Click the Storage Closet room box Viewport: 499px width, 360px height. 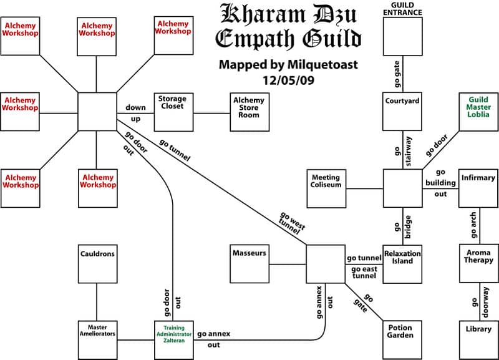pyautogui.click(x=172, y=112)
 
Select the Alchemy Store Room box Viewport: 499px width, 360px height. pyautogui.click(x=249, y=112)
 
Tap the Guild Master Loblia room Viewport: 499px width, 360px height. pyautogui.click(x=478, y=112)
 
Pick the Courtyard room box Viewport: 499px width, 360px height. pyautogui.click(x=402, y=112)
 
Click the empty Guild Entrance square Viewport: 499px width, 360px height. pyautogui.click(x=402, y=36)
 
